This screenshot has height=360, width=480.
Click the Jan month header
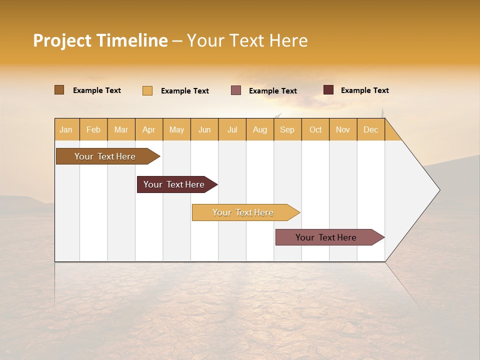(66, 129)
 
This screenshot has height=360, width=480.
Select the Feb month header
(93, 129)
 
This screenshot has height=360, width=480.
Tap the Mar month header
(121, 129)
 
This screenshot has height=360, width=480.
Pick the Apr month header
(149, 129)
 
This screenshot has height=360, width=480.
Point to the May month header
(176, 129)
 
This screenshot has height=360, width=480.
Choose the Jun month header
(204, 129)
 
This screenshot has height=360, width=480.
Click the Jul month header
(232, 129)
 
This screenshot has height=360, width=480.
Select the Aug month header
(260, 129)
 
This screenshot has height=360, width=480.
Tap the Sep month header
(287, 129)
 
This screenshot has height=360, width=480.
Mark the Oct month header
(315, 129)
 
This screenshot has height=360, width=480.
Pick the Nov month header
(343, 129)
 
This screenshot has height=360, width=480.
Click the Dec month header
(371, 129)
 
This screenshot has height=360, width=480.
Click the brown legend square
(59, 90)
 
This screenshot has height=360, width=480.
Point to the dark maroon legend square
(328, 90)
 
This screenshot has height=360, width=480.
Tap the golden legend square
(147, 90)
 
